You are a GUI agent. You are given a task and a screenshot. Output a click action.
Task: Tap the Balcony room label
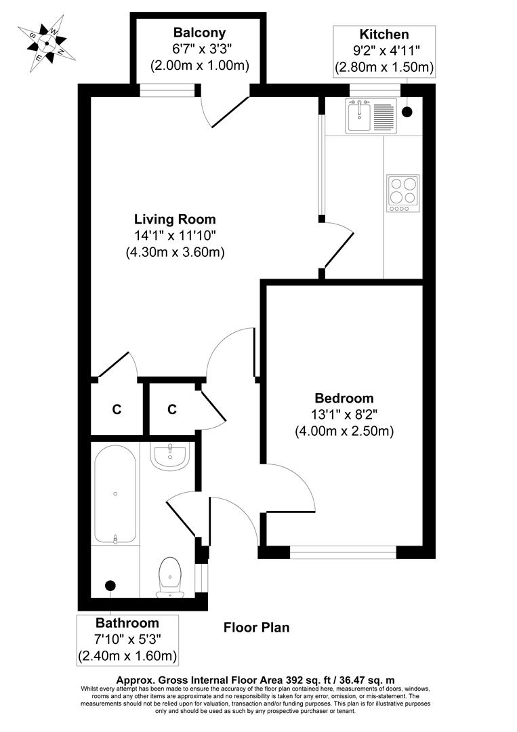(x=199, y=33)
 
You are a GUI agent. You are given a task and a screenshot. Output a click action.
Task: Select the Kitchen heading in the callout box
(x=384, y=35)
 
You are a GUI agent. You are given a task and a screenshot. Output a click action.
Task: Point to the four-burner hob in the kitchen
(x=402, y=190)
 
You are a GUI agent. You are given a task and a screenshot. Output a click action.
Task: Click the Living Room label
(x=175, y=219)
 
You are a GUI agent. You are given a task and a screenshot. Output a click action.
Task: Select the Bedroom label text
(x=344, y=398)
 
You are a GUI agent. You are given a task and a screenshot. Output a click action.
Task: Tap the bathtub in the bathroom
(x=115, y=493)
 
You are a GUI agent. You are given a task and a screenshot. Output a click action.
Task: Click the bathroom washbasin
(x=169, y=457)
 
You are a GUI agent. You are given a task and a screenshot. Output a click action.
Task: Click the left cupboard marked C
(x=117, y=409)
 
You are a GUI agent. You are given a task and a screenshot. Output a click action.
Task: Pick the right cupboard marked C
(x=172, y=409)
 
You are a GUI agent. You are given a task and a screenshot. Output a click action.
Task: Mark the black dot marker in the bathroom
(x=110, y=585)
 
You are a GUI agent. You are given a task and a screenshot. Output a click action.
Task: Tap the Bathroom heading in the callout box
(x=127, y=623)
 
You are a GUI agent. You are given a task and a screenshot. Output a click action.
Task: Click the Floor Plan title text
(x=257, y=628)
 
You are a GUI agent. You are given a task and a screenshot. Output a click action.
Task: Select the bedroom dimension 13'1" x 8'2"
(x=344, y=414)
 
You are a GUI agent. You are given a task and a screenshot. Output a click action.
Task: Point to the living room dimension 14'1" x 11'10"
(x=175, y=235)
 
